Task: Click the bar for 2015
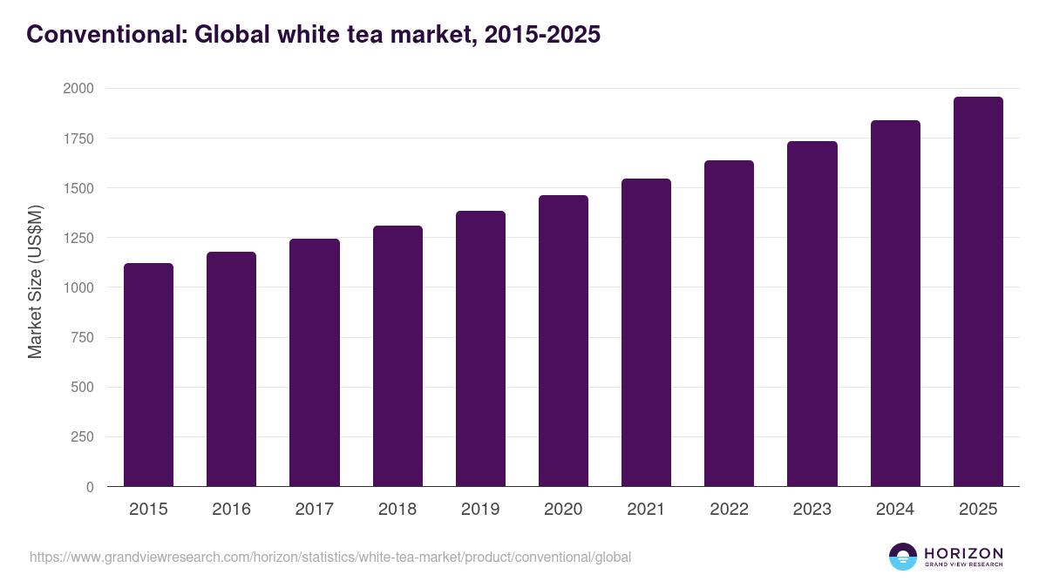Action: coord(148,375)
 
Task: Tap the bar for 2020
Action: coord(563,341)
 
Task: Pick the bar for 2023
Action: coord(812,314)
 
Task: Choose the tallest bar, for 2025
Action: coord(978,292)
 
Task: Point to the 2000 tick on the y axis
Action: coord(78,89)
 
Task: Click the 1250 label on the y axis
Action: coord(78,238)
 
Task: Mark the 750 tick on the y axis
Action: coord(83,338)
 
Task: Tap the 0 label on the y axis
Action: coord(90,487)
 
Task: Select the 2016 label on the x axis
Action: coord(231,510)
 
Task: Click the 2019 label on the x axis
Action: coord(480,510)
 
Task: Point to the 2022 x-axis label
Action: coord(729,510)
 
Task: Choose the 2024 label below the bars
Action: coord(895,510)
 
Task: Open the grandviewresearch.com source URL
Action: coord(330,557)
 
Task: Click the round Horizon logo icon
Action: coord(903,557)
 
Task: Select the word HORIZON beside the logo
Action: coord(964,553)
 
